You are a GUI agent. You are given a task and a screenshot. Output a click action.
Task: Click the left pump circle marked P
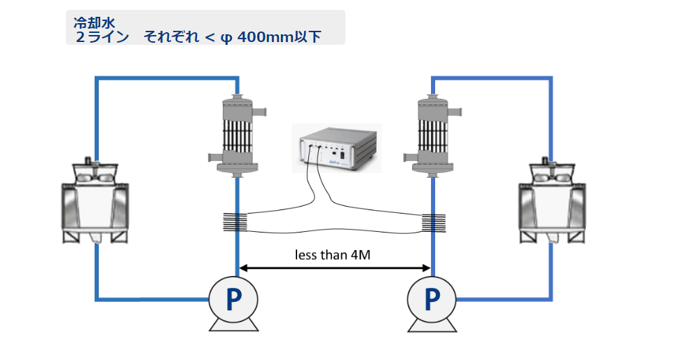[233, 299]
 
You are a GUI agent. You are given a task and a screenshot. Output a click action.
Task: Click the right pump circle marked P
[432, 299]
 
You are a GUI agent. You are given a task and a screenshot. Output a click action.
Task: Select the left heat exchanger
[236, 133]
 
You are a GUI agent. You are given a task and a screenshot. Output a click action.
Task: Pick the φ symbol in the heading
[226, 37]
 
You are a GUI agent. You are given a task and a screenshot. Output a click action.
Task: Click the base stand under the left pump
[233, 324]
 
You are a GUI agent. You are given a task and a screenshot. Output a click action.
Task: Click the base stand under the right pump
[432, 324]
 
